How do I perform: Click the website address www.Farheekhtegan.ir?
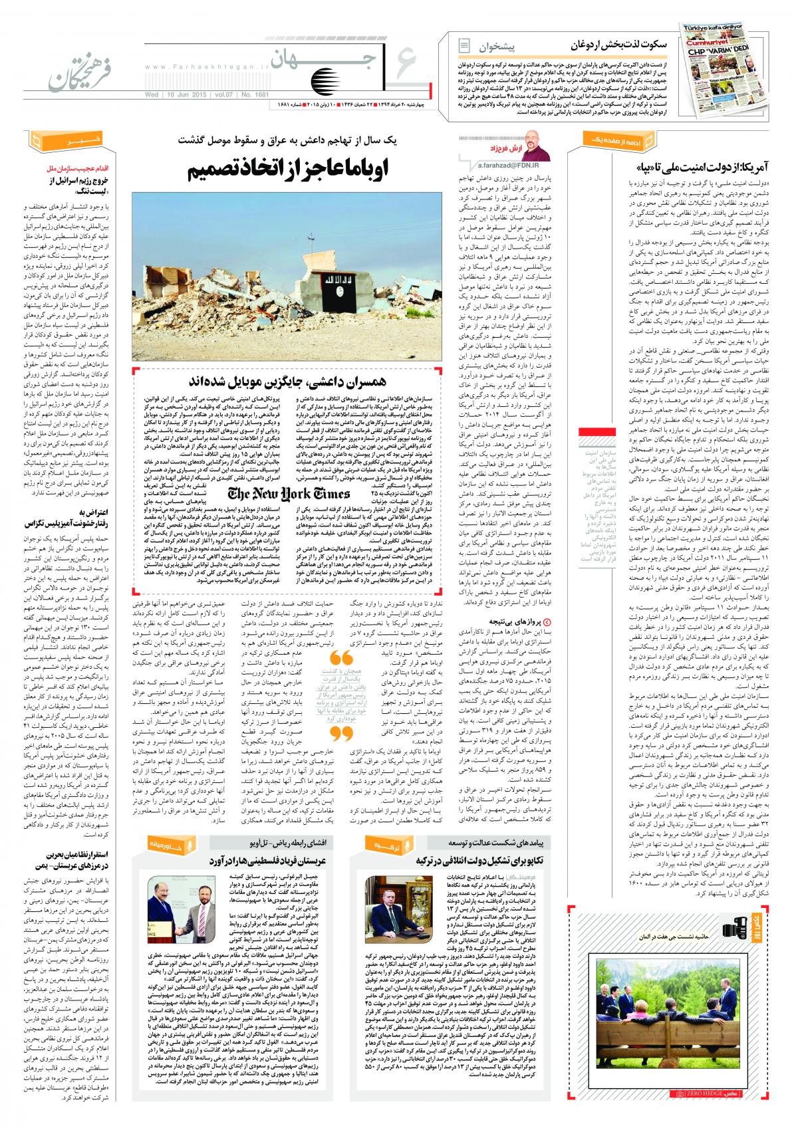point(203,66)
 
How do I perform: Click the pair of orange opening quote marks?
point(341,659)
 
